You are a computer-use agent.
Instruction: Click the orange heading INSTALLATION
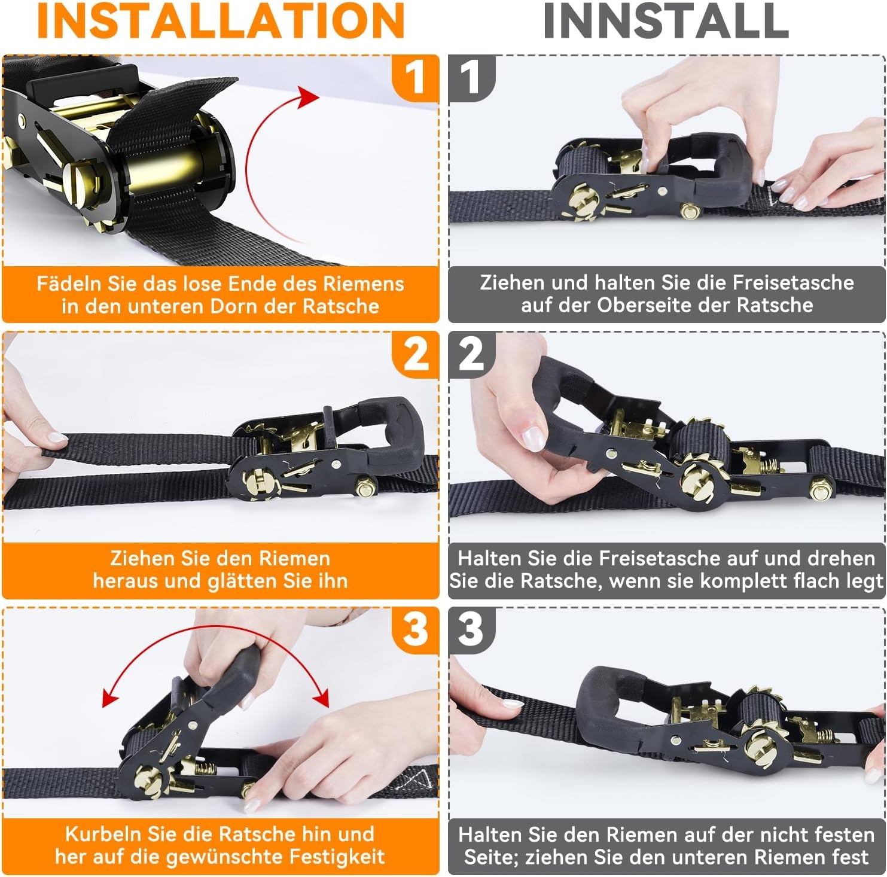[x=221, y=20]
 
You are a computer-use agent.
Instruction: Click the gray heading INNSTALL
[x=666, y=20]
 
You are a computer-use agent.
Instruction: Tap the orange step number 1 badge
[x=415, y=78]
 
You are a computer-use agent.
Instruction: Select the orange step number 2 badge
[x=415, y=354]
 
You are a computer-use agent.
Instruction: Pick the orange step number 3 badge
[x=415, y=629]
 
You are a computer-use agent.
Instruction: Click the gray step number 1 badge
[x=472, y=78]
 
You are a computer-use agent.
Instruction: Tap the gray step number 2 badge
[x=472, y=354]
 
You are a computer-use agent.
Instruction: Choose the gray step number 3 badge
[x=472, y=629]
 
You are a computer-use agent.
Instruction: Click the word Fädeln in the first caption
[x=70, y=284]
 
